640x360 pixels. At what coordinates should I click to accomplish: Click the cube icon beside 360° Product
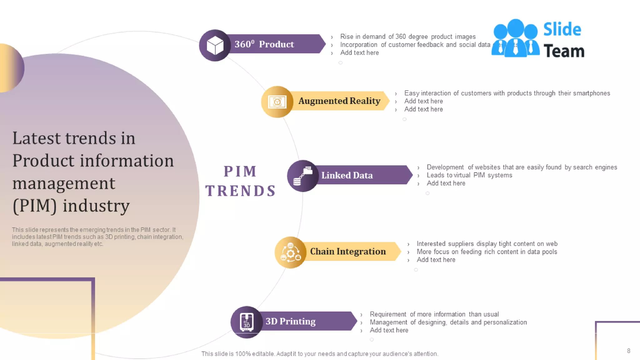click(215, 46)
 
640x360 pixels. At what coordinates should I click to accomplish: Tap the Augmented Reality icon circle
click(277, 102)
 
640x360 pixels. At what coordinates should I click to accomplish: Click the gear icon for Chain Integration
click(291, 252)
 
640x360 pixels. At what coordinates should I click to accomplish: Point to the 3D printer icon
click(247, 322)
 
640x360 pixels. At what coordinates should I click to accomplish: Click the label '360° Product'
click(264, 44)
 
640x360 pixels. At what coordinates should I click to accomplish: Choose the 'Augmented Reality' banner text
click(339, 101)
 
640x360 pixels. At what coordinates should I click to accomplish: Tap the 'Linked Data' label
click(347, 175)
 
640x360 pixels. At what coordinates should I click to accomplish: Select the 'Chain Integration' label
click(348, 252)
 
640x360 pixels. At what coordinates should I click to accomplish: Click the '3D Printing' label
click(290, 321)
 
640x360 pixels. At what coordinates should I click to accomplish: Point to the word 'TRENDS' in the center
click(241, 191)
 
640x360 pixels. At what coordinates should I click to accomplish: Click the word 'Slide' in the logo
click(562, 29)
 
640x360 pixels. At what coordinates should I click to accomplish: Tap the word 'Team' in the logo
click(564, 51)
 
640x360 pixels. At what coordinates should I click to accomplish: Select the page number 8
click(628, 351)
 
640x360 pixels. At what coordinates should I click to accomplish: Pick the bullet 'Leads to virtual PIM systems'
click(469, 175)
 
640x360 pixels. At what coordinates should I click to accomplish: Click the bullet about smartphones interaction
click(507, 93)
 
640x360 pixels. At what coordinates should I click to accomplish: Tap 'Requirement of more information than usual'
click(434, 314)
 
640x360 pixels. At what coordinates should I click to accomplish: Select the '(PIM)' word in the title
click(34, 206)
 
